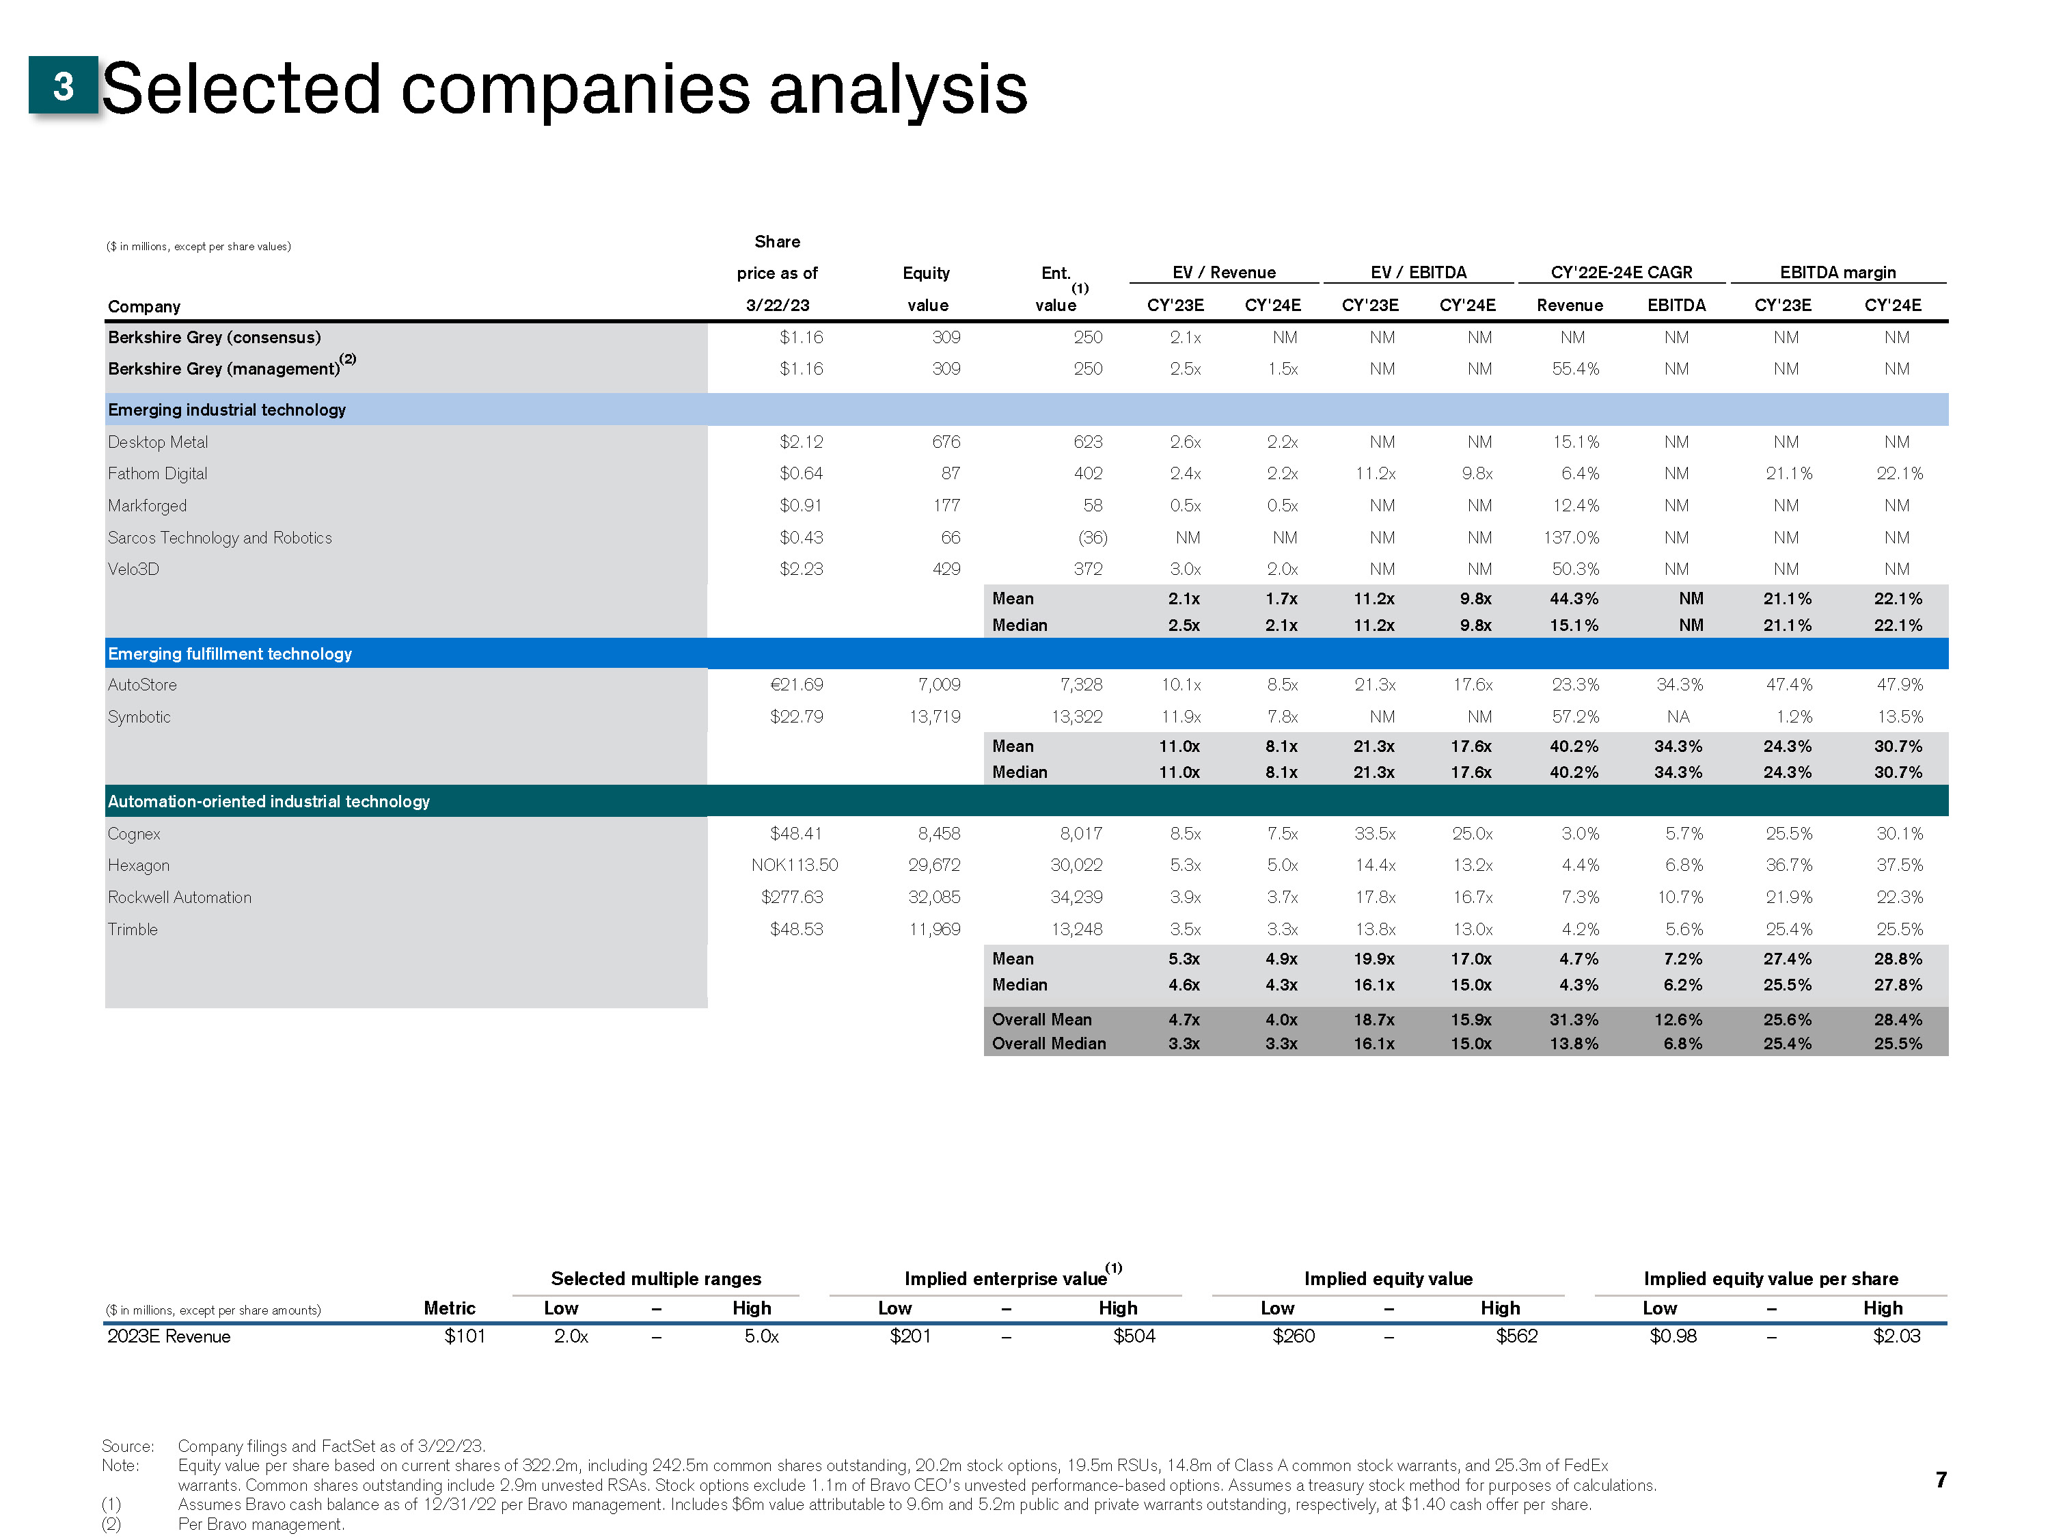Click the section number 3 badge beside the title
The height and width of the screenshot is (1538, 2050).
pos(63,86)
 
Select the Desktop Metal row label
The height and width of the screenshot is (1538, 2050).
pos(158,442)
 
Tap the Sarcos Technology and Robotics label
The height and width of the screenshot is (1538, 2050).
pos(219,538)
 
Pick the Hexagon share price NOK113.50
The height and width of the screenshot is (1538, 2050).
pos(793,865)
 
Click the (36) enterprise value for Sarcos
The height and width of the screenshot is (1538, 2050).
pos(1092,538)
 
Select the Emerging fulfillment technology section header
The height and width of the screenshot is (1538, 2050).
pos(230,653)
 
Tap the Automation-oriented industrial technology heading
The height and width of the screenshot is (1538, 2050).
pos(269,801)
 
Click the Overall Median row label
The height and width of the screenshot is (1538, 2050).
pos(1048,1044)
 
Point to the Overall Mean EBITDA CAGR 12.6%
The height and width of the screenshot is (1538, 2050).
pos(1678,1020)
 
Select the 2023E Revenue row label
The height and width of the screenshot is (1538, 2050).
pos(169,1336)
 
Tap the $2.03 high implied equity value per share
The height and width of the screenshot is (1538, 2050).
pos(1896,1336)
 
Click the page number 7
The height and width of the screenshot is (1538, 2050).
pos(1941,1480)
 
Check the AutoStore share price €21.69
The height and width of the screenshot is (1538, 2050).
pos(796,685)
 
